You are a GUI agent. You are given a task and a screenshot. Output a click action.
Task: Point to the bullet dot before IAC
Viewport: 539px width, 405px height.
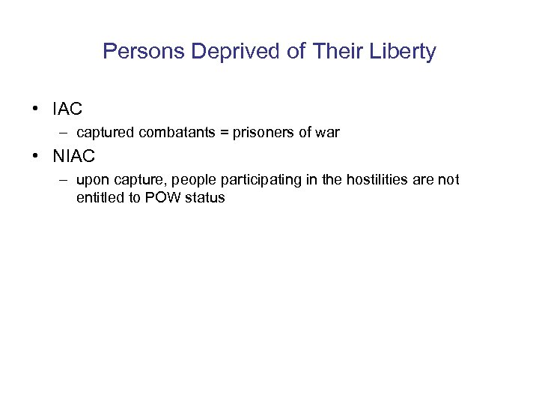pyautogui.click(x=35, y=109)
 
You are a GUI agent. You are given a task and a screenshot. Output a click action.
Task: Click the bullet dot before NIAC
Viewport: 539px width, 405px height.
pyautogui.click(x=35, y=157)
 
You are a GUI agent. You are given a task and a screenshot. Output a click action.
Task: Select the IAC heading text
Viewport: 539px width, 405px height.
pyautogui.click(x=67, y=109)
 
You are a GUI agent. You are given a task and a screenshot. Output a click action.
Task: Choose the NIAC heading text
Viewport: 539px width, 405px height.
pyautogui.click(x=73, y=157)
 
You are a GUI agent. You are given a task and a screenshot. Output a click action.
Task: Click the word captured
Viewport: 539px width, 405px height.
pyautogui.click(x=104, y=133)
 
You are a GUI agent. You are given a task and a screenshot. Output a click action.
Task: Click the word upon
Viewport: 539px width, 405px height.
pyautogui.click(x=91, y=180)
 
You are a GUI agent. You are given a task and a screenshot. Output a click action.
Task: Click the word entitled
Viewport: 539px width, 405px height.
pyautogui.click(x=100, y=199)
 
